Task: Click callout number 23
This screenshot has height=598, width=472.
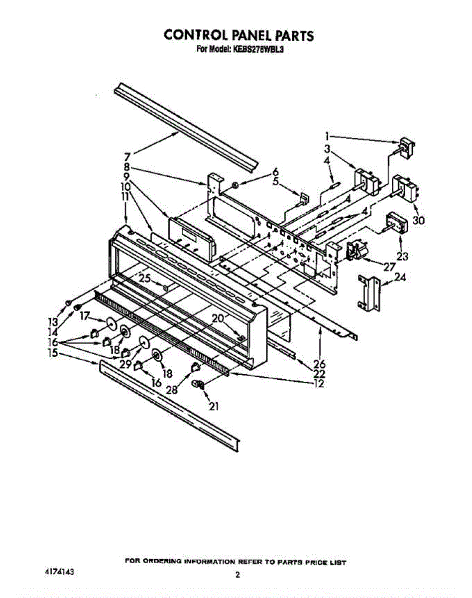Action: pos(402,257)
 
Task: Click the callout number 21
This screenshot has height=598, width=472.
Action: pos(214,407)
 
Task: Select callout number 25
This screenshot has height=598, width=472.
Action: pos(144,279)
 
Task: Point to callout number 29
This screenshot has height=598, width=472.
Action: pos(125,364)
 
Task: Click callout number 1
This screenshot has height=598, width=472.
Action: pos(327,136)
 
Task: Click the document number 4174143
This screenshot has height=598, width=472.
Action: pos(59,573)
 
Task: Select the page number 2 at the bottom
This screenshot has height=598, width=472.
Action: pos(237,575)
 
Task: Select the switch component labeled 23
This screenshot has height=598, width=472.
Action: pos(395,222)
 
